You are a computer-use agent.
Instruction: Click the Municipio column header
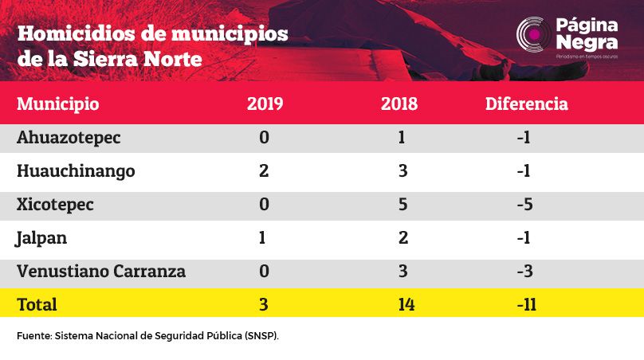coord(58,104)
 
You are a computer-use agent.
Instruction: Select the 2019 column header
coord(265,104)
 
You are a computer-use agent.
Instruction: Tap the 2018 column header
coord(399,104)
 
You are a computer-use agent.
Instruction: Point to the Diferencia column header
coord(527,104)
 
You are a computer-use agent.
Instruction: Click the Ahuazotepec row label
coord(69,138)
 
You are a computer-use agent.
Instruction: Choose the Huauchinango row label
coord(76,171)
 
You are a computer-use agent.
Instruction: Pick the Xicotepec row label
coord(55,205)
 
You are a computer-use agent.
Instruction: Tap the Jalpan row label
coord(41,238)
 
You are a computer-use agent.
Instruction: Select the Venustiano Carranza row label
coord(101,272)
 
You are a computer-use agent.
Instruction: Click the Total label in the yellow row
coord(37,305)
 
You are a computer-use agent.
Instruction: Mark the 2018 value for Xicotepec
coord(403,205)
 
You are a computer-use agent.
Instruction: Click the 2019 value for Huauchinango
coord(264,170)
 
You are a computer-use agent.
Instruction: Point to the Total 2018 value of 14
coord(406,305)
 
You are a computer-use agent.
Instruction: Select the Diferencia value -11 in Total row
coord(527,305)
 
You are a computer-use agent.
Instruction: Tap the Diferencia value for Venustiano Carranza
coord(525,272)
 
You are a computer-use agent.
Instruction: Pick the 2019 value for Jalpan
coord(262,238)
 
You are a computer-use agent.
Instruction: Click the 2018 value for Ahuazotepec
coord(402,137)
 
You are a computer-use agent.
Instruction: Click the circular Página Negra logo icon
coord(533,35)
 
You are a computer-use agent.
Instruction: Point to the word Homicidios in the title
coord(76,33)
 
